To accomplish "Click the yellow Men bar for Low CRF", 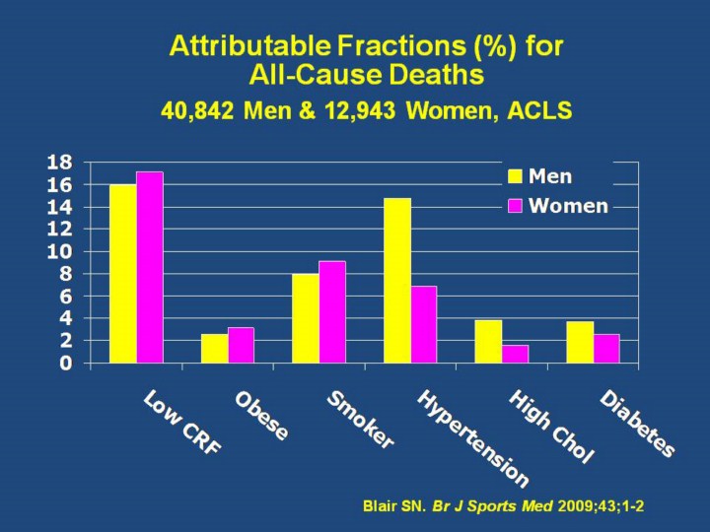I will click(122, 273).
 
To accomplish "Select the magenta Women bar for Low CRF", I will click(149, 267).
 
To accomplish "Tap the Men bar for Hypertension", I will click(397, 280).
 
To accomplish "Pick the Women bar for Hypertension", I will click(424, 324).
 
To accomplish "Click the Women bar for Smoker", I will click(332, 311).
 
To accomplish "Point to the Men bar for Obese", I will click(214, 348).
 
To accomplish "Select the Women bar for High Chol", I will click(515, 354).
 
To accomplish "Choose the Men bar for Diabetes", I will click(580, 342).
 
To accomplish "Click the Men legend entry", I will click(540, 177).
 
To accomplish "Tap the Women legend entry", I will click(557, 206).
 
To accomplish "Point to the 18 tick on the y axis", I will click(60, 162).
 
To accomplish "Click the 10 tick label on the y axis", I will click(60, 251).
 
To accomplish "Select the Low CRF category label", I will click(182, 422).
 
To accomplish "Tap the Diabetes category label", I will click(638, 425).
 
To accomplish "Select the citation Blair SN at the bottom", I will click(394, 506).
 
